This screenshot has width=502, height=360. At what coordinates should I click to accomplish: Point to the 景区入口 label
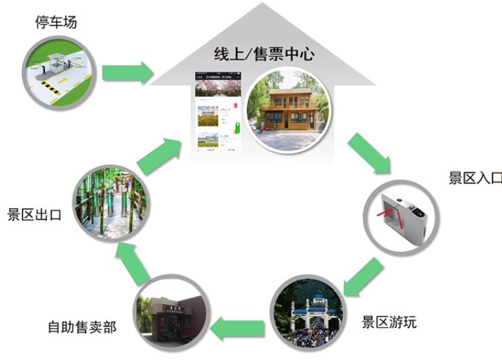tap(475, 178)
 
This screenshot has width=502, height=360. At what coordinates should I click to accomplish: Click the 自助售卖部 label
tap(82, 327)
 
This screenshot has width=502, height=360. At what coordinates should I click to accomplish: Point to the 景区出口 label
tap(34, 215)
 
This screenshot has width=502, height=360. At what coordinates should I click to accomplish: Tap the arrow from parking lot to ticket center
tap(128, 72)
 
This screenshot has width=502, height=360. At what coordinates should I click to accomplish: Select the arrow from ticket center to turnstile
tap(369, 153)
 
